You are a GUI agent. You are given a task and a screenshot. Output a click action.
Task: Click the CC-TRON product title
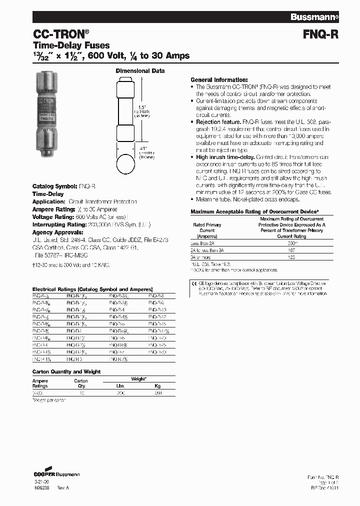click(61, 34)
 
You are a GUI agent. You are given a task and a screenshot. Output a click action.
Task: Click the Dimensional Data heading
click(140, 71)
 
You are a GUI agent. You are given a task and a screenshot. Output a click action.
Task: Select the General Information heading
click(219, 80)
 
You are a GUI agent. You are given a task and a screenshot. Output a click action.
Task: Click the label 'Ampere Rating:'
click(53, 209)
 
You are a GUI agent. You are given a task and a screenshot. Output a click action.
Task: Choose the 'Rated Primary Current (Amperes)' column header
click(207, 230)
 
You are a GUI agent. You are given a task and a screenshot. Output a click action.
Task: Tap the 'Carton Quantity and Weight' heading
click(66, 372)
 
